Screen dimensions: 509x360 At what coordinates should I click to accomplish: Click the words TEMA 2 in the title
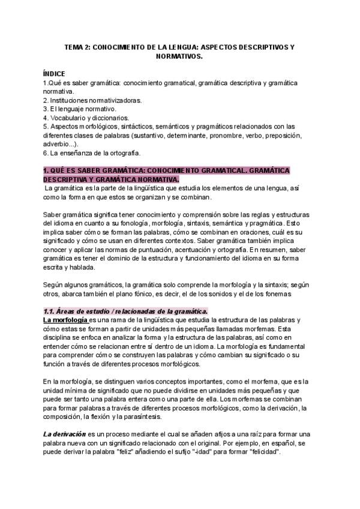click(78, 46)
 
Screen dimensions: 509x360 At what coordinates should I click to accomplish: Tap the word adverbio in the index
click(57, 144)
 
